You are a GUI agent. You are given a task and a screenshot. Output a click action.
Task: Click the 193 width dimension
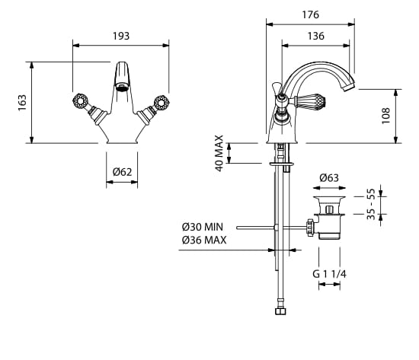pos(121,36)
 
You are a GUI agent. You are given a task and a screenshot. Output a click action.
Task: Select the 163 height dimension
pos(22,103)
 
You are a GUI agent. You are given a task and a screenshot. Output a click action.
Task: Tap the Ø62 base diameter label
pos(122,172)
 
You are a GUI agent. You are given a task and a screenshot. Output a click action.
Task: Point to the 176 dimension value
pos(311,14)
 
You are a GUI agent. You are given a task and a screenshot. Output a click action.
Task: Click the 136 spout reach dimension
pos(315,36)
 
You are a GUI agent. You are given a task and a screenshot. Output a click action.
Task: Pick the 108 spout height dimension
pos(385,116)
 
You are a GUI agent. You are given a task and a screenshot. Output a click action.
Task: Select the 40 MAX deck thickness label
pos(219,153)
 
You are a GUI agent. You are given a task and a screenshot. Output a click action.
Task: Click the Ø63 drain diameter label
pos(329,178)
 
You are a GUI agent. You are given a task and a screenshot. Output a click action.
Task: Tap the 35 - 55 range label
pos(371,204)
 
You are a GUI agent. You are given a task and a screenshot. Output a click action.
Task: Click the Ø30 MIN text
pos(203,227)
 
